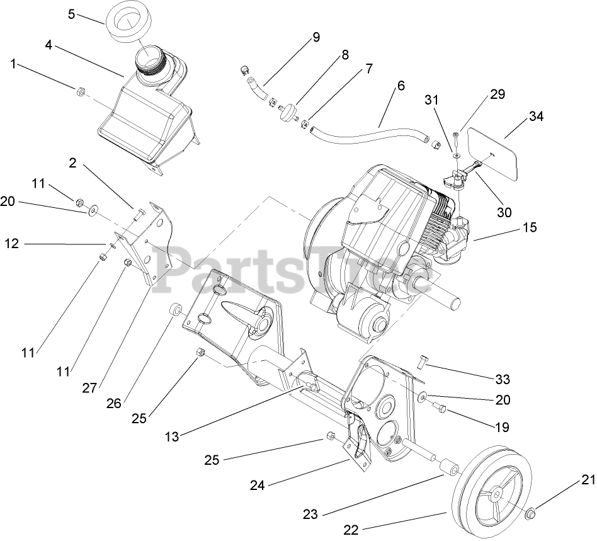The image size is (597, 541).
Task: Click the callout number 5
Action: pyautogui.click(x=71, y=13)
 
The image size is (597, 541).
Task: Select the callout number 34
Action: pyautogui.click(x=536, y=117)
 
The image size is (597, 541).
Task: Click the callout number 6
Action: pyautogui.click(x=401, y=86)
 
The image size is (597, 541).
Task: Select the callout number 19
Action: pyautogui.click(x=501, y=427)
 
